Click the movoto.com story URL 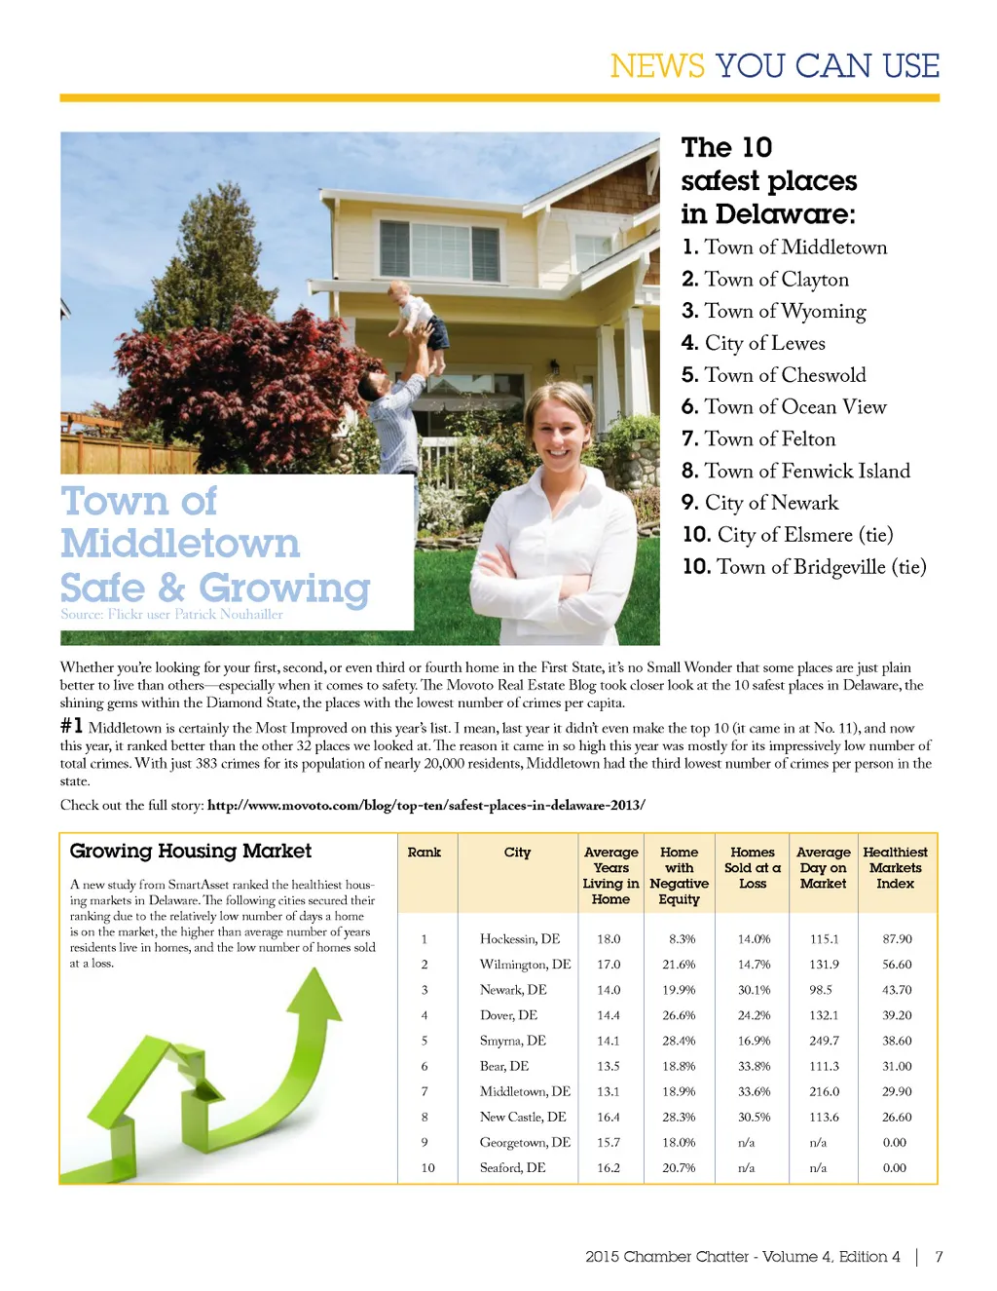pos(425,805)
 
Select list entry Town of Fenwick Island pos(796,472)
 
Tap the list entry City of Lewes pos(754,343)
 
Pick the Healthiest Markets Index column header pos(895,867)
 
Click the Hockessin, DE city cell pos(519,939)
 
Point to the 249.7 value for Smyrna pos(824,1041)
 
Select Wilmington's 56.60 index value pos(896,965)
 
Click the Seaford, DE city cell pos(512,1167)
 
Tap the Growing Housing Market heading pos(191,851)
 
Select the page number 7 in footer pos(939,1257)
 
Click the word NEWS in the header pos(657,65)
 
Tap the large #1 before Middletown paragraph pos(71,726)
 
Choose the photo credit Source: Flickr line pos(171,615)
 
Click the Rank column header pos(425,853)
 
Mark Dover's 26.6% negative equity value pos(679,1015)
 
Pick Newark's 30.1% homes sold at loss pos(754,990)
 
